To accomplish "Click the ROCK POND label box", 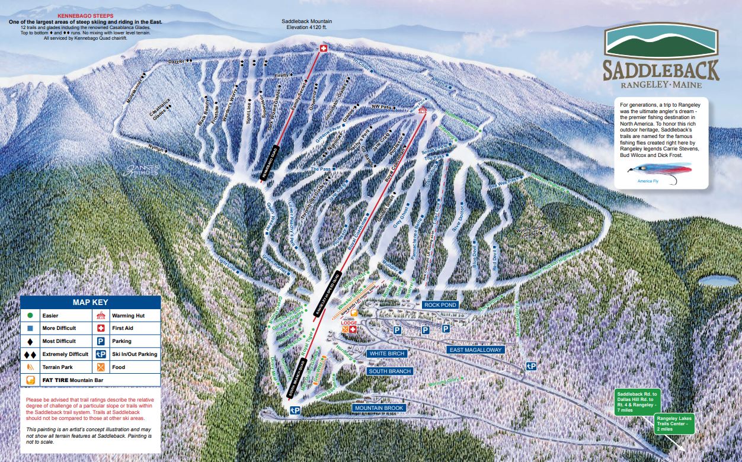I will [440, 305].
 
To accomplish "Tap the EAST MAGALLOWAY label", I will [476, 350].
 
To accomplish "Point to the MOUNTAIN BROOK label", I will [379, 408].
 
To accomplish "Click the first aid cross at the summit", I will [323, 48].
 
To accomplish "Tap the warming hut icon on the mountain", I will [422, 110].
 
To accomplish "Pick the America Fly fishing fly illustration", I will [653, 171].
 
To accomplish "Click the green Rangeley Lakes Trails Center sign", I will [674, 423].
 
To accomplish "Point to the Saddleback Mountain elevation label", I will [306, 24].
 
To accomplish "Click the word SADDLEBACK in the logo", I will [661, 69].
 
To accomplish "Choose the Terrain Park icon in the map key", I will [30, 367].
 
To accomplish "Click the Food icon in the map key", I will [100, 367].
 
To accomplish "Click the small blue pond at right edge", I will [718, 281].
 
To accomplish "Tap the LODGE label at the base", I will [347, 323].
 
